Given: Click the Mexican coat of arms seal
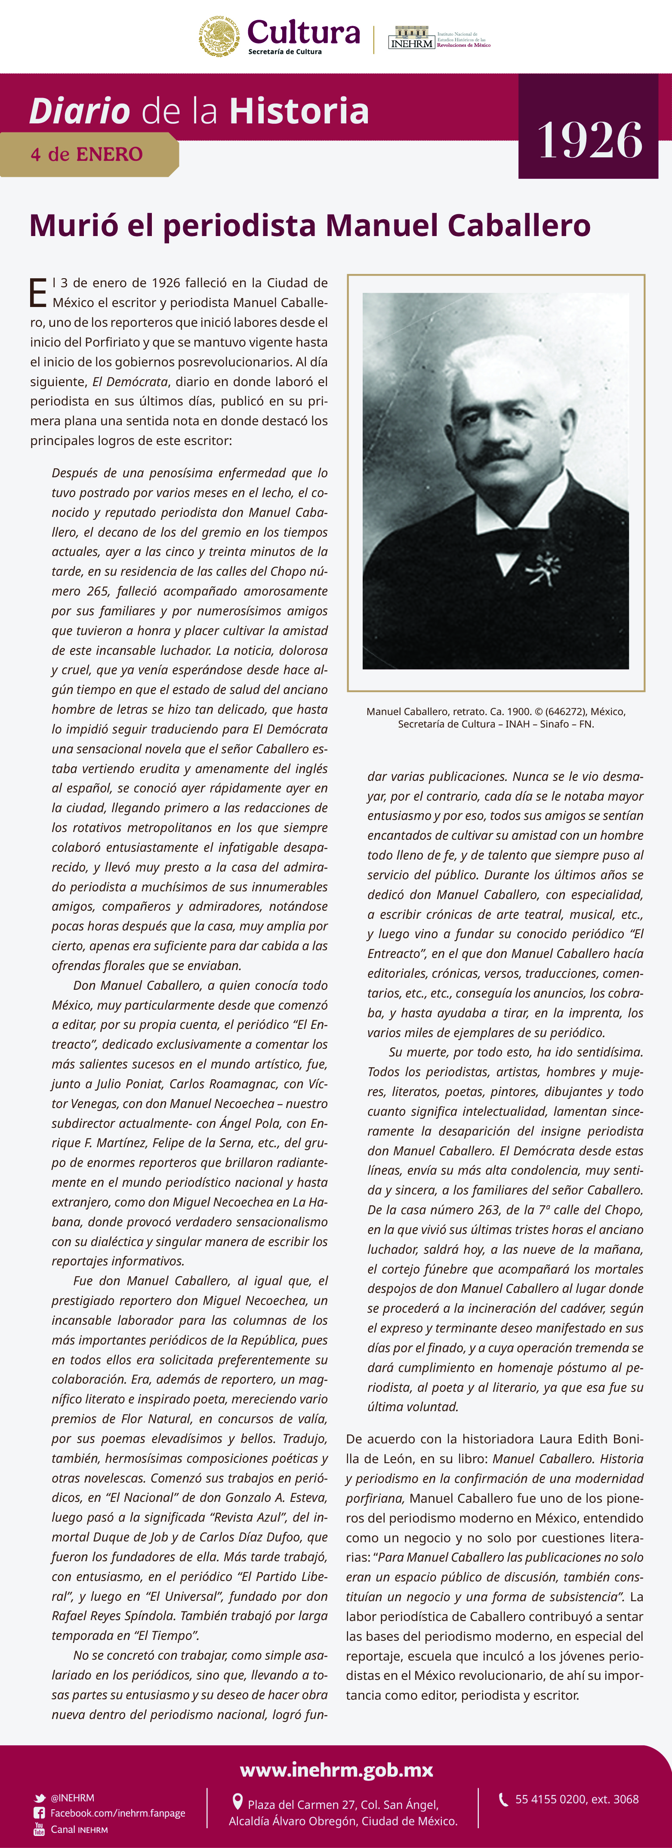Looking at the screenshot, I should click(x=219, y=36).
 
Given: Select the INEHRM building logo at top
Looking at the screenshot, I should click(x=411, y=38).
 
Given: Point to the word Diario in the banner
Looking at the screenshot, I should click(x=79, y=111).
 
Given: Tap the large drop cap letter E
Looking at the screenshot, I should click(x=38, y=293).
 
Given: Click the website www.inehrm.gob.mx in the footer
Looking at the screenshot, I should click(x=336, y=1770).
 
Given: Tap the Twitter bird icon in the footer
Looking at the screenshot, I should click(x=40, y=1798).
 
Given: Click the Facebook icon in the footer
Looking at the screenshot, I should click(x=40, y=1813).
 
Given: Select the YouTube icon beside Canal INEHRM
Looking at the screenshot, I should click(x=40, y=1829).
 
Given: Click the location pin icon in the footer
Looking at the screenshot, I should click(x=237, y=1802).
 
